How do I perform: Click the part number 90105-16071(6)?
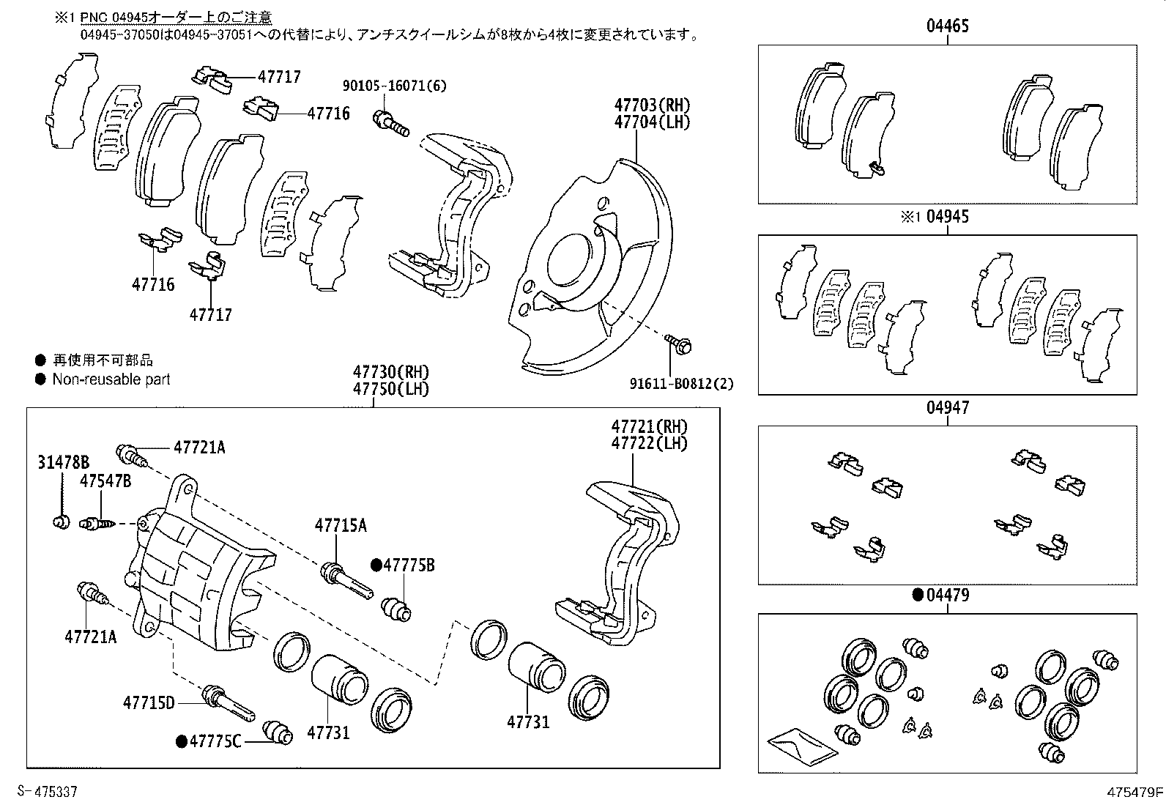(394, 86)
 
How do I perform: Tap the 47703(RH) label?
(652, 105)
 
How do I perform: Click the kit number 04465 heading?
(947, 27)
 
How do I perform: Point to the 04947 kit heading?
(947, 408)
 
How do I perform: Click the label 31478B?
(63, 462)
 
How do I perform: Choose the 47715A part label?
(341, 525)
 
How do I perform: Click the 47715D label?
(149, 703)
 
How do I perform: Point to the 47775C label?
(215, 741)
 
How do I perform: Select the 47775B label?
(409, 565)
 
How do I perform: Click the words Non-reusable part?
(111, 379)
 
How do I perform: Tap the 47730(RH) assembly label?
(390, 372)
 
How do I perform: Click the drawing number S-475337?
(48, 792)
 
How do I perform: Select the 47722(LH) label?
(650, 443)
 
